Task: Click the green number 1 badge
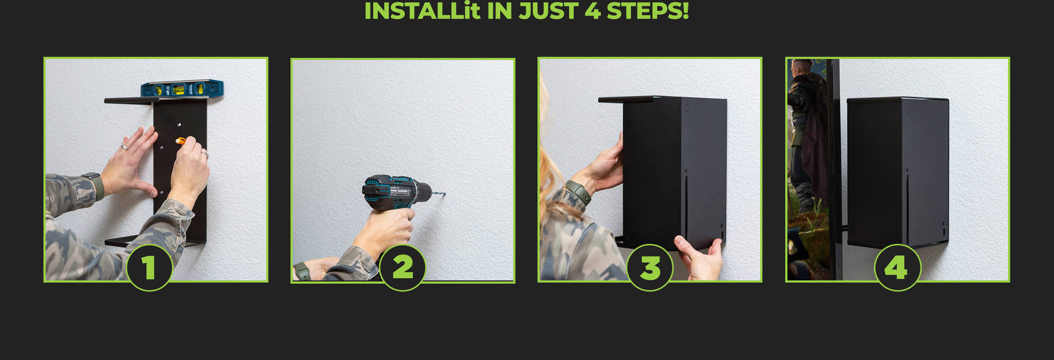[149, 268]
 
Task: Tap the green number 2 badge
[402, 268]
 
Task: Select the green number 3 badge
[650, 268]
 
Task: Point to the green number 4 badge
[898, 268]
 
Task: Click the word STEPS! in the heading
[648, 11]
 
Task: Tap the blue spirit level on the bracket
[182, 89]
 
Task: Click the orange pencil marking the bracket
[181, 141]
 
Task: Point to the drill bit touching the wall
[439, 193]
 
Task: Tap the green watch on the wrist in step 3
[579, 192]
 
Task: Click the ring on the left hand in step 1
[125, 147]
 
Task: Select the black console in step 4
[898, 172]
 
